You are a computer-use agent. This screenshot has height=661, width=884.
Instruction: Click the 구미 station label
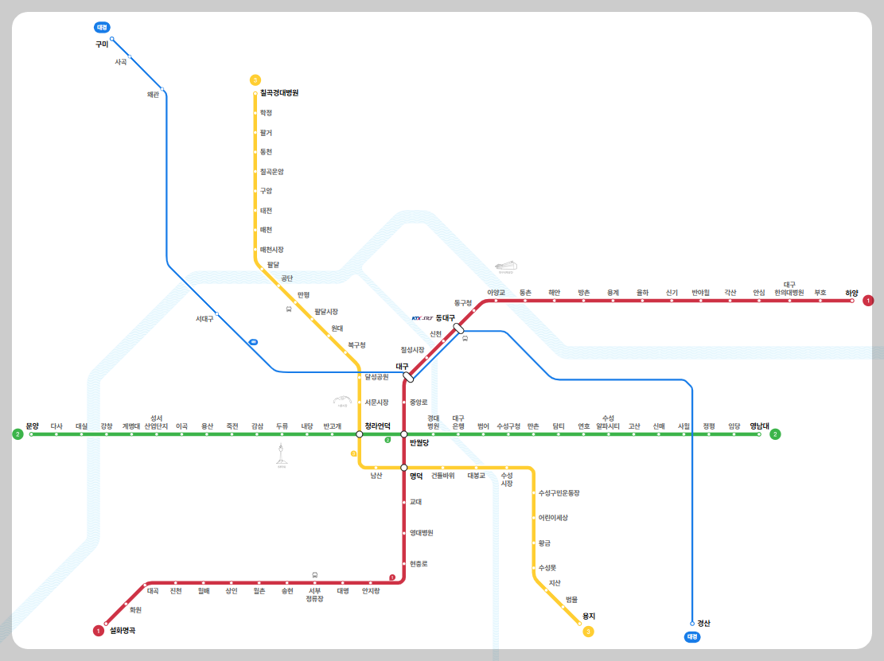(x=102, y=45)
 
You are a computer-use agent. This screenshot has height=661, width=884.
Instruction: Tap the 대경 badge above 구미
(x=102, y=27)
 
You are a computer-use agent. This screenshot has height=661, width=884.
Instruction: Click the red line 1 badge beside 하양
(x=868, y=301)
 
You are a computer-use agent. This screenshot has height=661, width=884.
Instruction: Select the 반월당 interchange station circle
(x=404, y=434)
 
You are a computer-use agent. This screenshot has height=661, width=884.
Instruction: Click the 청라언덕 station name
(x=377, y=426)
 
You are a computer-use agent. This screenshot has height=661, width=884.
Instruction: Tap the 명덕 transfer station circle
(x=404, y=468)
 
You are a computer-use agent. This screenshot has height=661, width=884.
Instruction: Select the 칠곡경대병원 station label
(x=279, y=93)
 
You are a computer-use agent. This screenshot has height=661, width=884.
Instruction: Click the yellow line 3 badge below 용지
(x=588, y=632)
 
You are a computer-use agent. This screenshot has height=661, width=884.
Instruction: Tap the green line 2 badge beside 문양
(x=17, y=434)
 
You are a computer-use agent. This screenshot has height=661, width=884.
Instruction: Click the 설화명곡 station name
(x=123, y=631)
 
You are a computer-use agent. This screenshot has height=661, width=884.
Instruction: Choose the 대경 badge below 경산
(x=692, y=637)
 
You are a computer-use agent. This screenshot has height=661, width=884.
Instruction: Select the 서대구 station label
(x=204, y=319)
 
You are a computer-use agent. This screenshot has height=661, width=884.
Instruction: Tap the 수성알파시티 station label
(x=608, y=422)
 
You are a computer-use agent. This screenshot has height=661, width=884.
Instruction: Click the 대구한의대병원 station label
(x=789, y=289)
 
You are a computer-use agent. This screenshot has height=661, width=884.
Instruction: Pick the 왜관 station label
(x=154, y=95)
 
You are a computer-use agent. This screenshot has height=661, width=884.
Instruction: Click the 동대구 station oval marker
(x=458, y=328)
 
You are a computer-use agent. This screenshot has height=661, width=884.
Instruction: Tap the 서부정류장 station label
(x=315, y=595)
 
